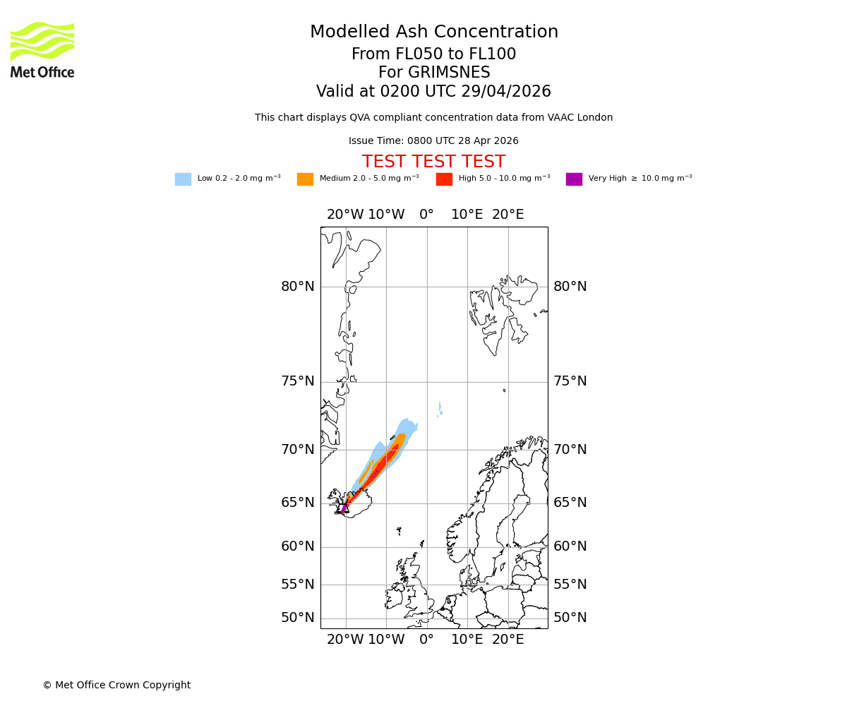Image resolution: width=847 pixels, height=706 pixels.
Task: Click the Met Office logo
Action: [x=42, y=49]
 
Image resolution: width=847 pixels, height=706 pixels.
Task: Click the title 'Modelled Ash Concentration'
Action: [x=434, y=32]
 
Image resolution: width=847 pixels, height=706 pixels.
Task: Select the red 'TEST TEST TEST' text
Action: [x=433, y=162]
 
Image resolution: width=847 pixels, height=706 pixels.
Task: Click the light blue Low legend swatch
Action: [x=183, y=179]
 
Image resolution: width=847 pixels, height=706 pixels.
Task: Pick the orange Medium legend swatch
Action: [x=305, y=179]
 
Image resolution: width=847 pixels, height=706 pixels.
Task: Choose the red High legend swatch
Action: [x=444, y=179]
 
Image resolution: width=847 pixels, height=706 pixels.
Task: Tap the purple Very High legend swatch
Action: [x=574, y=179]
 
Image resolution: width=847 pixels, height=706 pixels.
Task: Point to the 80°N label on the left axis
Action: [x=298, y=287]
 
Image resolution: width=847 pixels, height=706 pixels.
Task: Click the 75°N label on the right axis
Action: [x=570, y=381]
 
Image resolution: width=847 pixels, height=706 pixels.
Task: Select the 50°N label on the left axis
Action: [x=298, y=618]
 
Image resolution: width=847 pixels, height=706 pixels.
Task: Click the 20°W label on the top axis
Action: [x=345, y=215]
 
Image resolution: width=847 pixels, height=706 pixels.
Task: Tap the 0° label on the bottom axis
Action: [x=426, y=640]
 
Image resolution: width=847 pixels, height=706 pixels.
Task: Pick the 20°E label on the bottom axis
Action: [x=507, y=640]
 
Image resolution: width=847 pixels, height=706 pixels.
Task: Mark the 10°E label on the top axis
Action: [x=467, y=215]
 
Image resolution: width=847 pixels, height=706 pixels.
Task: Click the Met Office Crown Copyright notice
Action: [x=116, y=685]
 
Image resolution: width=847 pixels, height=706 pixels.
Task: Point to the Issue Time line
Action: [x=433, y=141]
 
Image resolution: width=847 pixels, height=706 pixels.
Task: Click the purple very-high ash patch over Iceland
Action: [x=344, y=508]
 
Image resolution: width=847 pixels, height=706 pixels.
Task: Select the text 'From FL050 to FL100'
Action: [x=434, y=54]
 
